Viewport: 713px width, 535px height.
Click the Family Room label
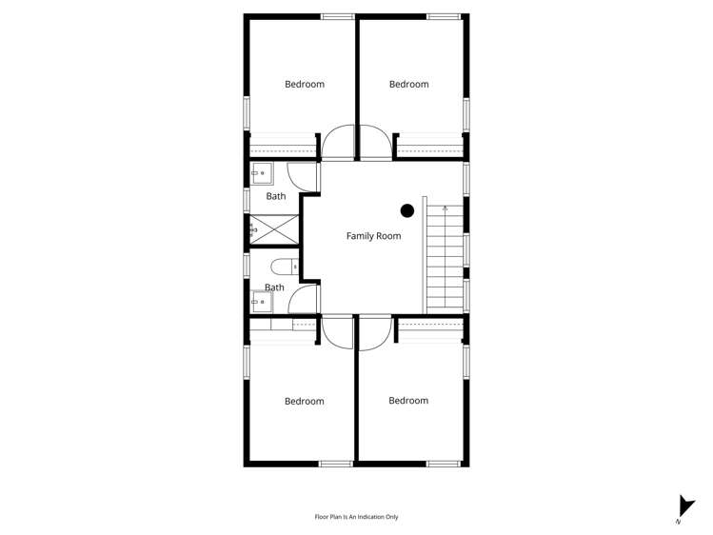373,236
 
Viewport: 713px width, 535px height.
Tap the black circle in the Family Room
407,210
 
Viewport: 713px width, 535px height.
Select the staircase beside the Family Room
445,257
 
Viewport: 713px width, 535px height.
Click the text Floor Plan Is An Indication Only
356,517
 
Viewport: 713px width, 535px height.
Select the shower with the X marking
275,228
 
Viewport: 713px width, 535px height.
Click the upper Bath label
275,196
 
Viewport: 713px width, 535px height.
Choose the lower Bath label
274,287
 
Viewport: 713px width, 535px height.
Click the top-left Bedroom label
305,84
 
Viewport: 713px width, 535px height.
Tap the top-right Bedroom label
409,84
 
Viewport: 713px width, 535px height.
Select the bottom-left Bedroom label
305,402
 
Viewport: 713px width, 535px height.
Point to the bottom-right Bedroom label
408,401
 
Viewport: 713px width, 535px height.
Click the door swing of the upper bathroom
303,177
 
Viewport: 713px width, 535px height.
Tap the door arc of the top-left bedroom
337,143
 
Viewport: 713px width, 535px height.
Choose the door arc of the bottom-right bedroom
375,332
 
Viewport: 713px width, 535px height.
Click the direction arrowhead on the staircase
445,207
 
